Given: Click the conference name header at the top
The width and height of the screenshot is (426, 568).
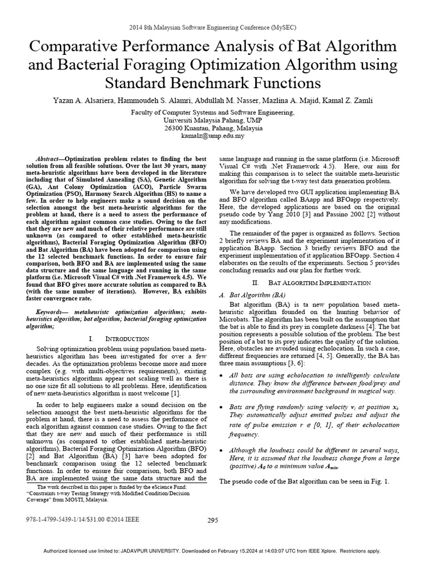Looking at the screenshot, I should pyautogui.click(x=213, y=27).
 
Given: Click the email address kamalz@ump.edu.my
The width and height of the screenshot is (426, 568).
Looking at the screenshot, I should pyautogui.click(x=212, y=135).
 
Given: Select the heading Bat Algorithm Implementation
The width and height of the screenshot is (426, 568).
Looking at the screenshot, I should pyautogui.click(x=319, y=283).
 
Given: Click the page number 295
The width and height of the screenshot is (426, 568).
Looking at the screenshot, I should pyautogui.click(x=213, y=520).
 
